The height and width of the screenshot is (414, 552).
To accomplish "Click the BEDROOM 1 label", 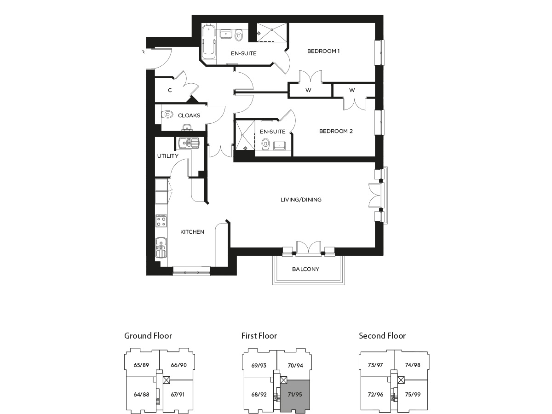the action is point(323,51).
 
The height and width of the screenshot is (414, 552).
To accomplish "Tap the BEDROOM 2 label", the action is point(336,131).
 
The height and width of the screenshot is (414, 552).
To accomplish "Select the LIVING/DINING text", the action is point(301,200).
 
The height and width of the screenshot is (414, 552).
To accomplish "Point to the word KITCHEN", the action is point(192,232).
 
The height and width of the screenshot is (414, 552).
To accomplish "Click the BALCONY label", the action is point(305,269).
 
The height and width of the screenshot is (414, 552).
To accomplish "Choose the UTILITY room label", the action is point(168,156).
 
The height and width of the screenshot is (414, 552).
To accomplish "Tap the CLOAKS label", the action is point(189,115).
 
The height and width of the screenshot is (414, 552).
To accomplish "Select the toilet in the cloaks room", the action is point(167,115).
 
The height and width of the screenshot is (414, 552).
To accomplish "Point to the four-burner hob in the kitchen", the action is point(161,221).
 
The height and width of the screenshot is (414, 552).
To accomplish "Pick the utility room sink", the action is point(189,143).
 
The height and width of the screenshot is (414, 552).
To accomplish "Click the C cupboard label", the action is point(170,90).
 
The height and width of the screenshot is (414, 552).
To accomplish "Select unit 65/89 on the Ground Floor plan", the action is point(141,365).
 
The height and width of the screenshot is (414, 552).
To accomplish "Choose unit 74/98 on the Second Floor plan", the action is point(413,365).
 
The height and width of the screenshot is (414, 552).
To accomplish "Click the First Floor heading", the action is point(259,336).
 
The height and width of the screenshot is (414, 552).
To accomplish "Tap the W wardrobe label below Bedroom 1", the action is point(308,90).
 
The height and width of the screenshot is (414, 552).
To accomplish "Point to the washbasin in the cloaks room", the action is point(187,127).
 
